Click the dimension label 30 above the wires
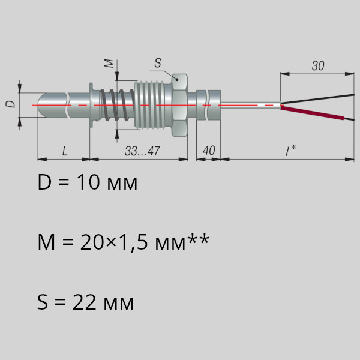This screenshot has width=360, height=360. click(318, 66)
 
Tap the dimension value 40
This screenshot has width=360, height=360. click(209, 151)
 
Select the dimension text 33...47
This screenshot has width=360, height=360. click(142, 151)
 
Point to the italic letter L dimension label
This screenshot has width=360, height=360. click(65, 151)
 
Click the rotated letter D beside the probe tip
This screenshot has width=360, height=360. click(11, 104)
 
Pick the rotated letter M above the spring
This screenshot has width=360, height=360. click(109, 64)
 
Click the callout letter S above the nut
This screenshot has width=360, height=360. click(158, 62)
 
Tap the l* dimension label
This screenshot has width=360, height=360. click(290, 151)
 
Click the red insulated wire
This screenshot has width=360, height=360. click(312, 113)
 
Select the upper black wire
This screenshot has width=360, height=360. click(317, 98)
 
